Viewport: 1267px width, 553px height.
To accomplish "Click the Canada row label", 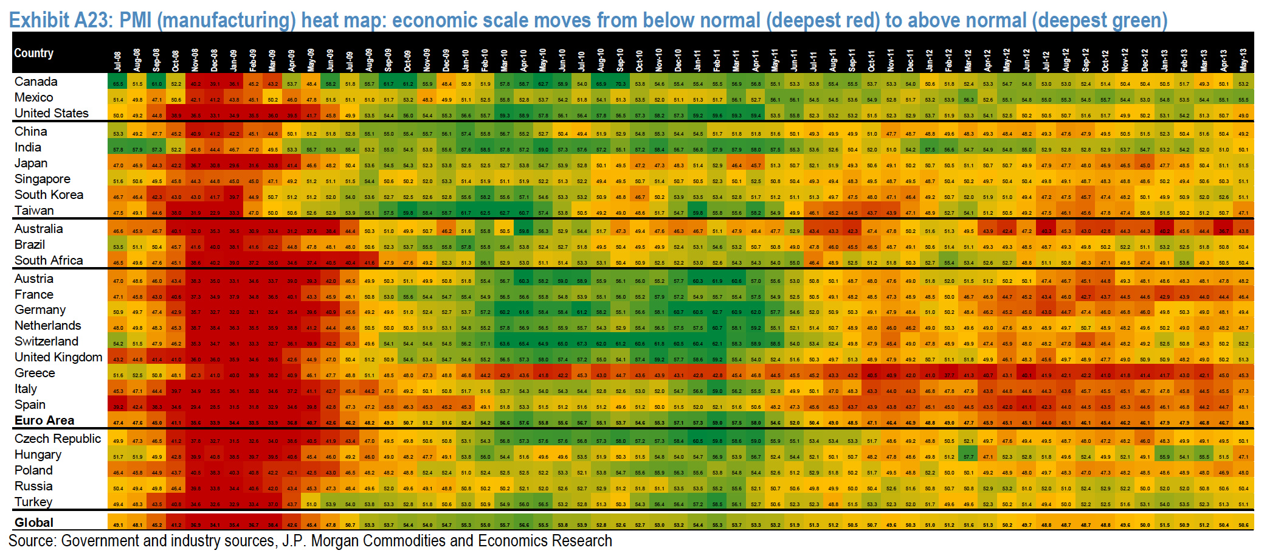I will pyautogui.click(x=36, y=82).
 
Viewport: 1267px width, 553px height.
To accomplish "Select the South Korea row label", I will pyautogui.click(x=49, y=195).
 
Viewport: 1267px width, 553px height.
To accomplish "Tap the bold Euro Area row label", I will pyautogui.click(x=44, y=420).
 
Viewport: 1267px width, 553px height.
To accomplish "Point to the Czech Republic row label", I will pyautogui.click(x=58, y=439).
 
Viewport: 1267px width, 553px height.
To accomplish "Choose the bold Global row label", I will pyautogui.click(x=34, y=523).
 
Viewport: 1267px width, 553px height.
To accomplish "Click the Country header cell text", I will pyautogui.click(x=34, y=53).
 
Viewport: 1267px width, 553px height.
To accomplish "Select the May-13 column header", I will pyautogui.click(x=1243, y=60).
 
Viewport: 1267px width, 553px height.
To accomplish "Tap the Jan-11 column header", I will pyautogui.click(x=697, y=60).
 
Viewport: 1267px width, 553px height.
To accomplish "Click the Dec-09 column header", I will pyautogui.click(x=446, y=60).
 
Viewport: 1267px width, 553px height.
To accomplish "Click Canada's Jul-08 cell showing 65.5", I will pyautogui.click(x=118, y=84).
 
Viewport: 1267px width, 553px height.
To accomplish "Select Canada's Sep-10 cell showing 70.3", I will pyautogui.click(x=620, y=84).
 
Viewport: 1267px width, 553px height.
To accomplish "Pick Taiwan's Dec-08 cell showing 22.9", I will pyautogui.click(x=215, y=213).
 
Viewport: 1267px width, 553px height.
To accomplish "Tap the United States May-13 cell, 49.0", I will pyautogui.click(x=1243, y=116).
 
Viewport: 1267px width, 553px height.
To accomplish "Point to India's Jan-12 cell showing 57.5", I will pyautogui.click(x=930, y=150).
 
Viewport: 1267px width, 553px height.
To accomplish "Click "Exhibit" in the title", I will pyautogui.click(x=40, y=20).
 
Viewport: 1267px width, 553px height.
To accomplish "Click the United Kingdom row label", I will pyautogui.click(x=58, y=357).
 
